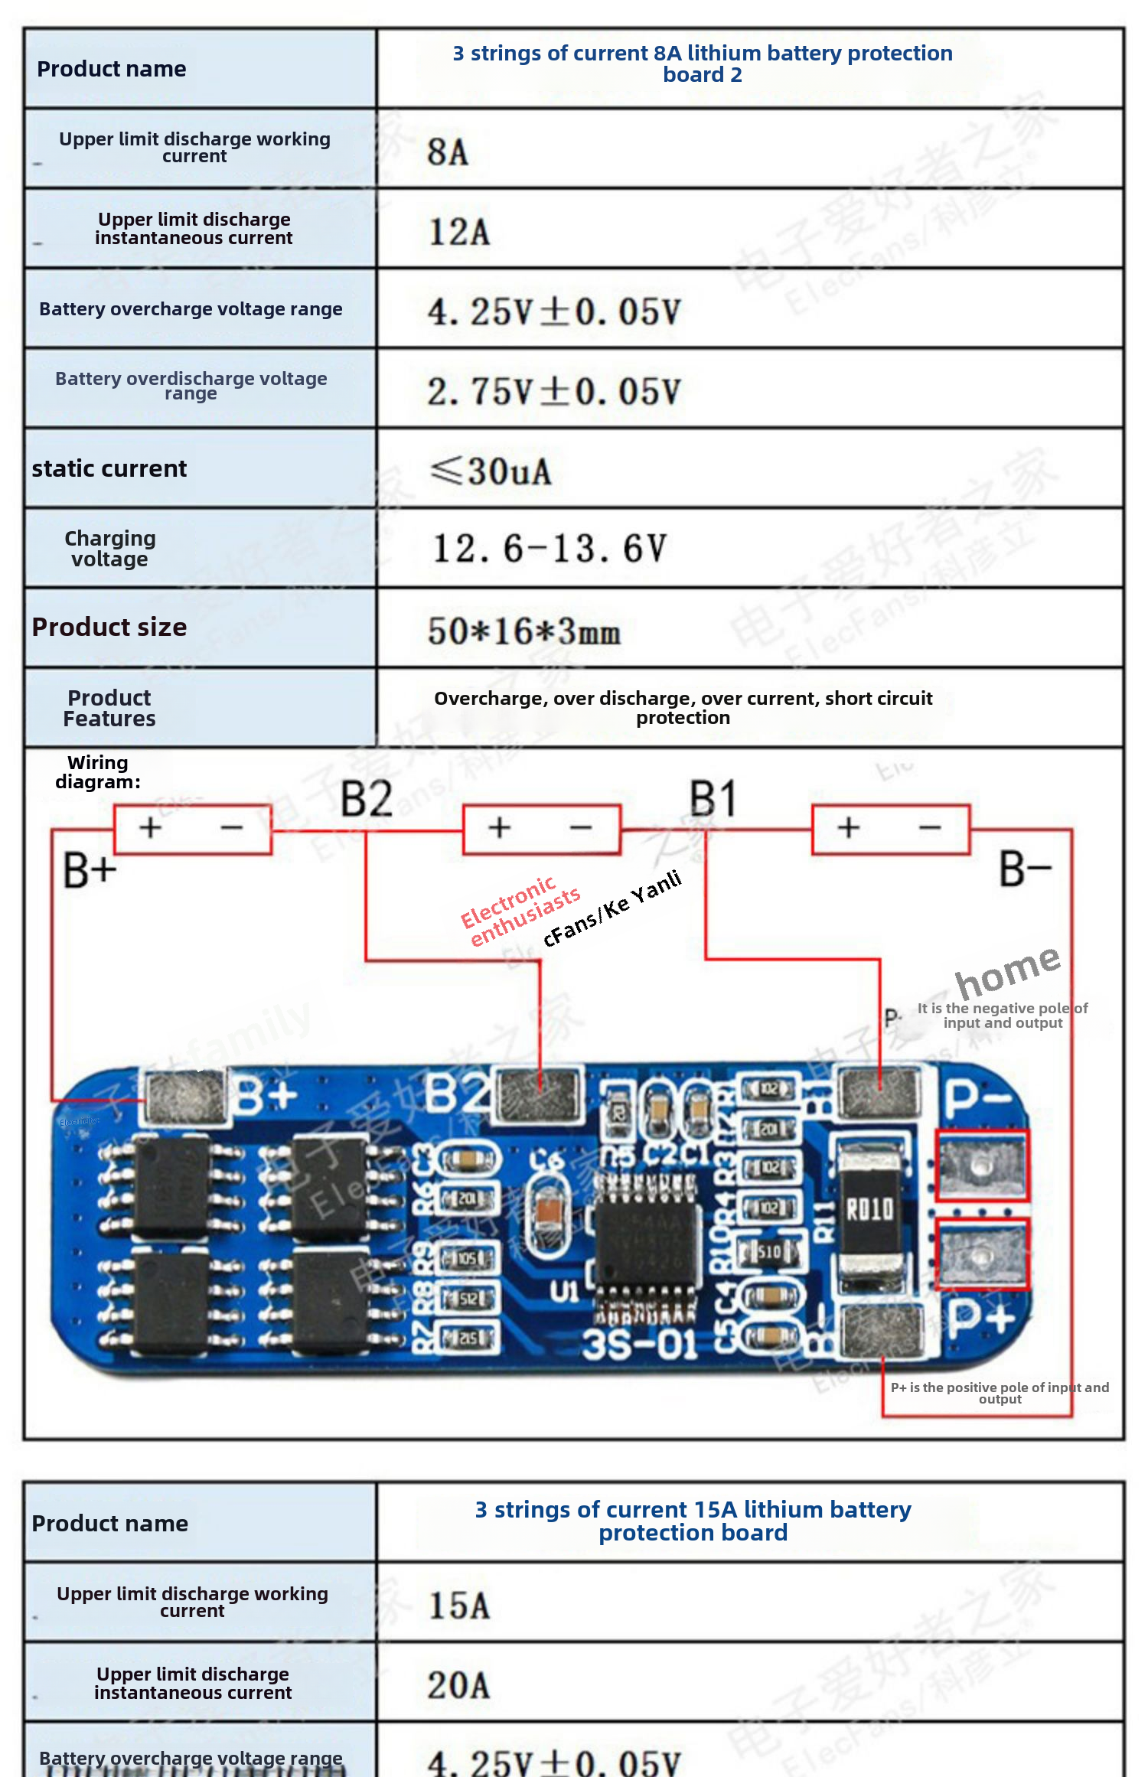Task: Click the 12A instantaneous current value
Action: tap(459, 232)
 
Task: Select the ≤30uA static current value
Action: tap(491, 471)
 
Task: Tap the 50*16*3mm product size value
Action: tap(524, 631)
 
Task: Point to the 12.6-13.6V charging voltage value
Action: tap(550, 549)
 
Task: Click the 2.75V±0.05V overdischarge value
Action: tap(553, 392)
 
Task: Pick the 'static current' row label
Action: tap(109, 468)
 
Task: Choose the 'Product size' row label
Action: tap(109, 628)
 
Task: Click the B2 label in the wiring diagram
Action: tap(367, 799)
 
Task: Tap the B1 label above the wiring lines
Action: tap(713, 799)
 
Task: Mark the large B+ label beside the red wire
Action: tap(90, 871)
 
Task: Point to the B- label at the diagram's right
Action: tap(1026, 871)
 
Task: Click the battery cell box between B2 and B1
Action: tap(541, 828)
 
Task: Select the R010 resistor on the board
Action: tap(869, 1209)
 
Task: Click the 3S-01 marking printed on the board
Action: tap(640, 1345)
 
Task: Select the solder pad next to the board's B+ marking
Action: tap(186, 1097)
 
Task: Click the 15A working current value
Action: tap(459, 1606)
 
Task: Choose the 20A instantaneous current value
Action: tap(459, 1685)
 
